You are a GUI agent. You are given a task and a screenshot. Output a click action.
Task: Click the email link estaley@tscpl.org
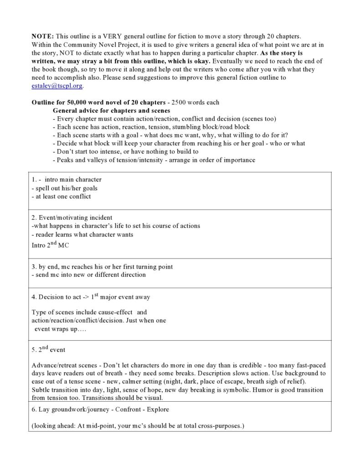point(57,86)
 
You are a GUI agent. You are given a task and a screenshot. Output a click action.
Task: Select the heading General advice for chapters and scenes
point(111,110)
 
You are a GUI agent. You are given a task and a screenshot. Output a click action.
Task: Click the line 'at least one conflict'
point(61,197)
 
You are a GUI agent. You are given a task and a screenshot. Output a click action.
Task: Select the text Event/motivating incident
point(75,217)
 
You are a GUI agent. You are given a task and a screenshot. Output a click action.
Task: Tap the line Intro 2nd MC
point(50,245)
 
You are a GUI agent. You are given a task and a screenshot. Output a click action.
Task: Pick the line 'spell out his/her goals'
point(64,188)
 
